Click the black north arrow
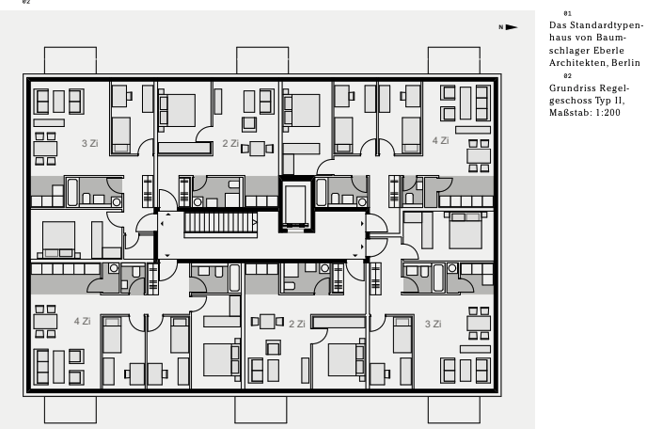coord(512,27)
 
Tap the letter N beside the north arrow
coord(501,27)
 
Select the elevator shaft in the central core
coord(296,204)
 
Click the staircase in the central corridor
coord(220,225)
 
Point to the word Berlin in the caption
coord(626,63)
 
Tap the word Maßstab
coord(571,113)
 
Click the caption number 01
coord(568,13)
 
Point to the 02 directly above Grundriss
coord(568,76)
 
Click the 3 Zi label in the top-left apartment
coord(90,143)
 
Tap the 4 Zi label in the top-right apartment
coord(441,140)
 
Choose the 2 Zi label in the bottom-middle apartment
coord(297,324)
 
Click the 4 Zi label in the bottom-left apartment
coord(83,321)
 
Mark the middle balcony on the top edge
coord(262,60)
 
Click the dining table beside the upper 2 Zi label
coord(257,149)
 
